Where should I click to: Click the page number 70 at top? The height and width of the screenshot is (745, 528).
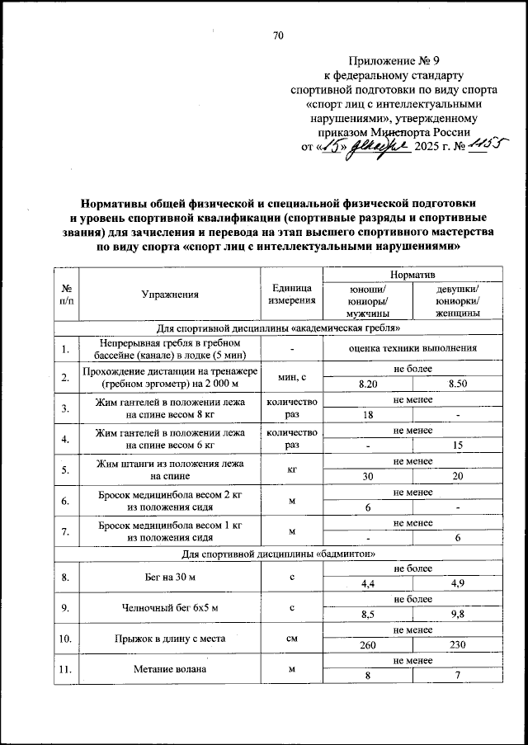[x=278, y=35]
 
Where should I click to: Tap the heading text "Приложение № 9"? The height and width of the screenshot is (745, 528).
[x=385, y=61]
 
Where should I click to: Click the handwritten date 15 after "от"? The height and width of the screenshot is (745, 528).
[x=332, y=146]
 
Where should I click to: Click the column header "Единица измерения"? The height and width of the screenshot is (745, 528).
[x=290, y=294]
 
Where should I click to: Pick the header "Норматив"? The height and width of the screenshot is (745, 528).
[x=413, y=274]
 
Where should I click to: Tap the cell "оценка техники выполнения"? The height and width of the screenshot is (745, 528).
[x=413, y=348]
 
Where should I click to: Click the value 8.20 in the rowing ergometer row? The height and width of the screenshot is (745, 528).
[x=368, y=384]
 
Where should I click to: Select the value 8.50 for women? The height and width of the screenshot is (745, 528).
[x=459, y=384]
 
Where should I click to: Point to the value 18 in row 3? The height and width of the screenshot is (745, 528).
[x=368, y=415]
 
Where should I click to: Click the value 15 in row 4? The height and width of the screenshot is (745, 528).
[x=459, y=446]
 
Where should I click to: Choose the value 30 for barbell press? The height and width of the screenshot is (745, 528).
[x=368, y=477]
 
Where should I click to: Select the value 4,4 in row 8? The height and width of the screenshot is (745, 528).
[x=368, y=584]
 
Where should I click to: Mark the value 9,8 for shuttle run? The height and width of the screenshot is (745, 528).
[x=459, y=615]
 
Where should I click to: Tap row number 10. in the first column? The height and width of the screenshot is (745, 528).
[x=65, y=638]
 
